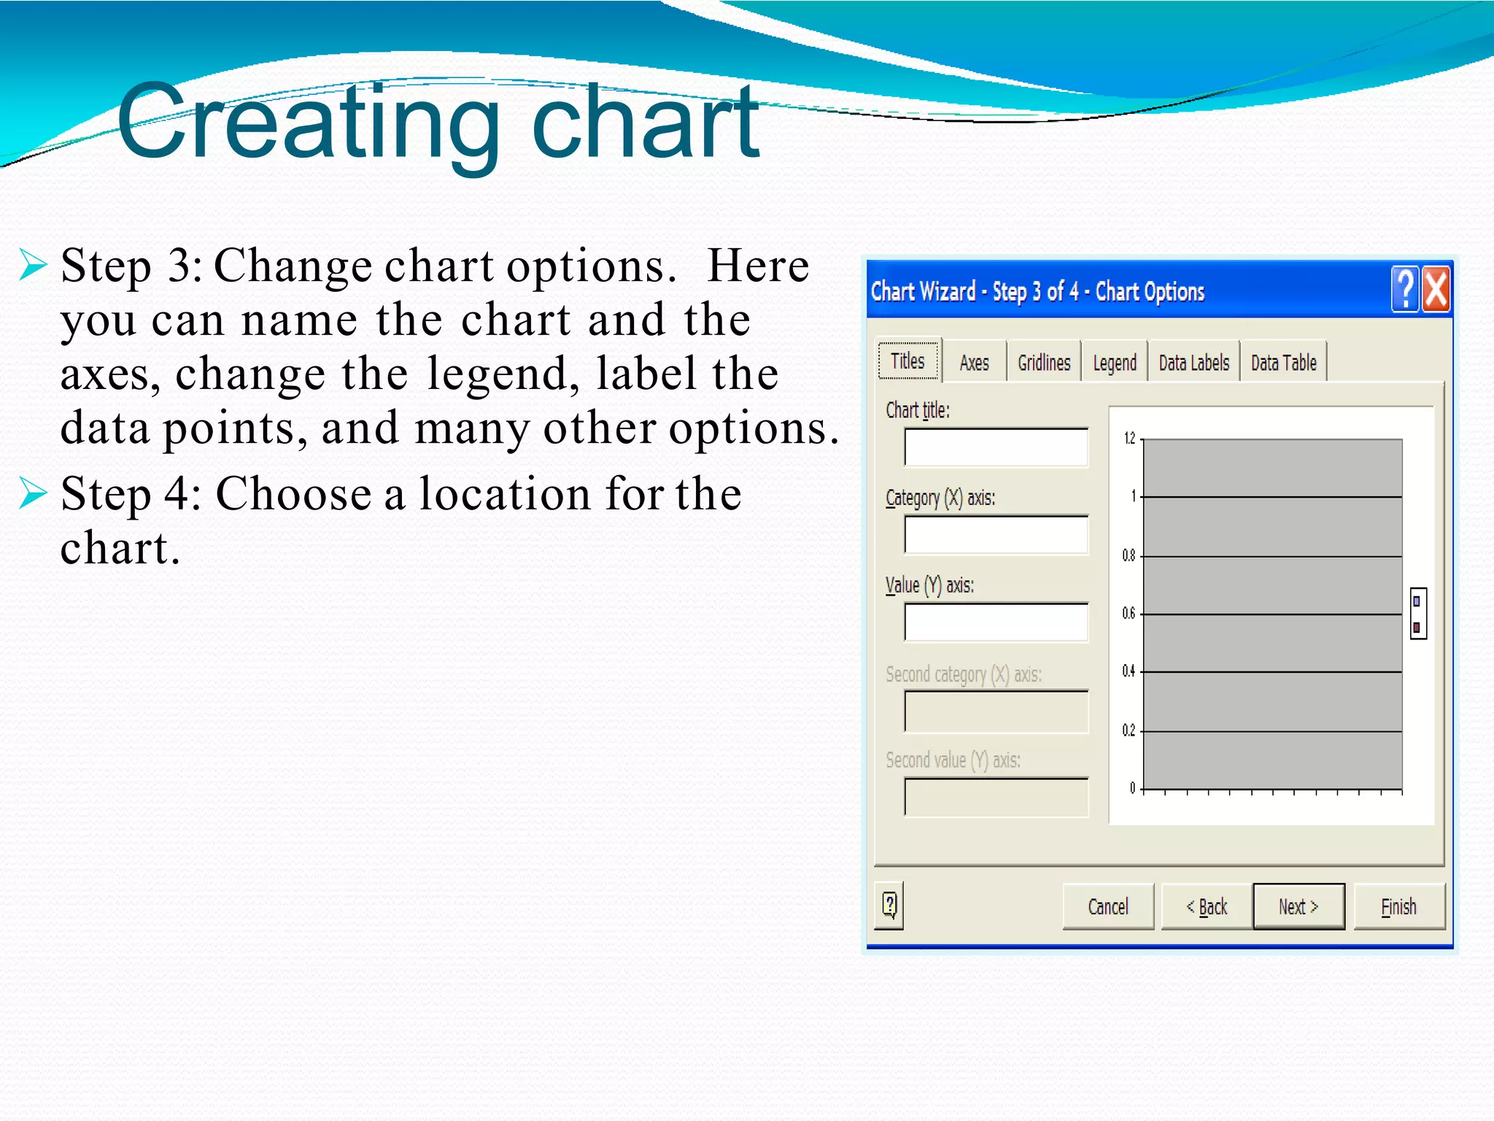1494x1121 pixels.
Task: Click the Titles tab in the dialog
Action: pos(907,361)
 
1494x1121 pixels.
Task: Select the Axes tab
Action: pos(974,363)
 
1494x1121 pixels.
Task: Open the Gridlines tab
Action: pos(1044,363)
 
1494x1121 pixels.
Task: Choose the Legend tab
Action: pos(1114,363)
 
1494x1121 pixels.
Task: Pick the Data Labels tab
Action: pos(1193,363)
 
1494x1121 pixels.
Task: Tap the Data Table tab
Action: pos(1283,363)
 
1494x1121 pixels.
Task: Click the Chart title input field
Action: pos(996,447)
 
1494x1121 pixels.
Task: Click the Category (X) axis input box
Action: pos(996,535)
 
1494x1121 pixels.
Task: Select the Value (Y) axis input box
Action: pos(996,623)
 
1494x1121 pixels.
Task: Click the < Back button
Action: pos(1207,906)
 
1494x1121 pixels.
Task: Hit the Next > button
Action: pos(1298,906)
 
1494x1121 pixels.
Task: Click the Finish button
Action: pos(1398,906)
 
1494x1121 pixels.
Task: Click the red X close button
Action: pos(1436,290)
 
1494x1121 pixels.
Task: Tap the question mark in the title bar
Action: pos(1405,290)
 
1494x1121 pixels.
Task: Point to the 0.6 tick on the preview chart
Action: pos(1129,614)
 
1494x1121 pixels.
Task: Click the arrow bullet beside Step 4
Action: pos(33,493)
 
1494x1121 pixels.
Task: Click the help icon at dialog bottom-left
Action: pos(889,905)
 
